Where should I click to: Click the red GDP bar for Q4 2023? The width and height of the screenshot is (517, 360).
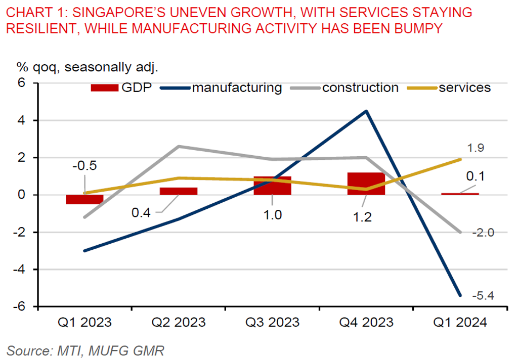[x=366, y=184]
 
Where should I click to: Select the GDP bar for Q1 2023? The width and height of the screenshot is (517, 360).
[x=84, y=199]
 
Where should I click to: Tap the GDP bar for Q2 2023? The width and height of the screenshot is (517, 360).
[x=178, y=191]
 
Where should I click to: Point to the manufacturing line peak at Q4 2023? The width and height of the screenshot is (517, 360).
[x=366, y=111]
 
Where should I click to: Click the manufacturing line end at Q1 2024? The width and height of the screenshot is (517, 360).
[x=460, y=295]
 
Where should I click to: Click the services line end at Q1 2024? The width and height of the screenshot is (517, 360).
[x=460, y=159]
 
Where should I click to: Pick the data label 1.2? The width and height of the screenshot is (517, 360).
[x=362, y=217]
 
